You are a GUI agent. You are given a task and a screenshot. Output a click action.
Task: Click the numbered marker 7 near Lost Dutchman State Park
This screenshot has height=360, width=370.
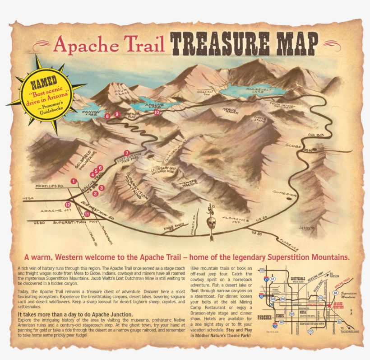pyautogui.click(x=127, y=153)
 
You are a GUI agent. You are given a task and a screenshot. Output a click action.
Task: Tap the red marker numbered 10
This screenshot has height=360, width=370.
pyautogui.click(x=157, y=112)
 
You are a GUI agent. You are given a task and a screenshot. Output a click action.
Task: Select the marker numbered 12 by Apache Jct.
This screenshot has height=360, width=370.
pyautogui.click(x=68, y=205)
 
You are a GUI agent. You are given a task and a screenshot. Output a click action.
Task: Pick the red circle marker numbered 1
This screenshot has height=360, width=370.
pyautogui.click(x=73, y=181)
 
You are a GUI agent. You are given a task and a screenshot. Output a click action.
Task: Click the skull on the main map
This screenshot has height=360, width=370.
pyautogui.click(x=211, y=222)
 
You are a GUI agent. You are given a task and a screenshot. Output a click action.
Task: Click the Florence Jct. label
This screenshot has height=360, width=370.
pyautogui.click(x=235, y=220)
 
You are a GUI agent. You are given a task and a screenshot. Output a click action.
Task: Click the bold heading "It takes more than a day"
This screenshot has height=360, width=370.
pyautogui.click(x=75, y=314)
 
